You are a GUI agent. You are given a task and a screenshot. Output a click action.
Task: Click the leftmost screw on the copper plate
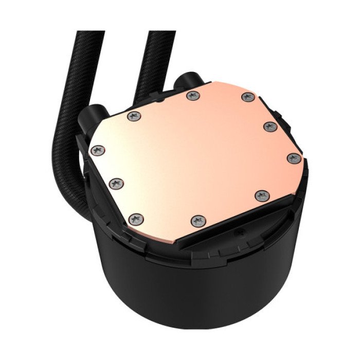(x=98, y=150)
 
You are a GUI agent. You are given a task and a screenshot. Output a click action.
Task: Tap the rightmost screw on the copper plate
(x=293, y=158)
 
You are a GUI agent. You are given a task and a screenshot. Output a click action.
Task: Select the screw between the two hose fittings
(x=134, y=116)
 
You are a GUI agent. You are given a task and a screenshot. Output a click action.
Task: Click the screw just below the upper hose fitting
(x=193, y=95)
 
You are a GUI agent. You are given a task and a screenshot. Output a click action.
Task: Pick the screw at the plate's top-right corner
(x=248, y=97)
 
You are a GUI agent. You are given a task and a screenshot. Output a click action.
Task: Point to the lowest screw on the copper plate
(x=198, y=221)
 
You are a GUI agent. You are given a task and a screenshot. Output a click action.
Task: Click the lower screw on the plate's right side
(x=262, y=195)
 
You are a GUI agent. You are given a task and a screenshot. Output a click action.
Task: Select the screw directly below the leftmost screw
(x=116, y=183)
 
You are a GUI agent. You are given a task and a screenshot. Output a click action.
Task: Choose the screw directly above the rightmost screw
(x=270, y=126)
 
